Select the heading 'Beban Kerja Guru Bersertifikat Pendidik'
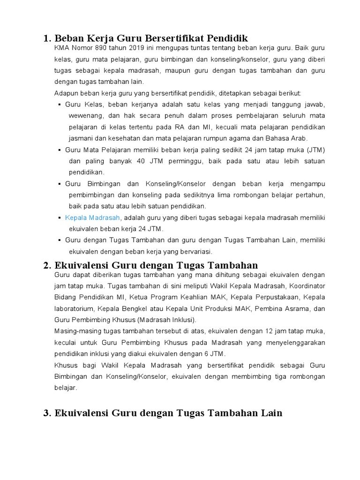pyautogui.click(x=151, y=37)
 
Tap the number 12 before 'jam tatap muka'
pyautogui.click(x=270, y=331)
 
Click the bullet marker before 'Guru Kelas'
pyautogui.click(x=60, y=105)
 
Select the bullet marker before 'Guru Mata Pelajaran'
pyautogui.click(x=60, y=150)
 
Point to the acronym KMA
pyautogui.click(x=61, y=48)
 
